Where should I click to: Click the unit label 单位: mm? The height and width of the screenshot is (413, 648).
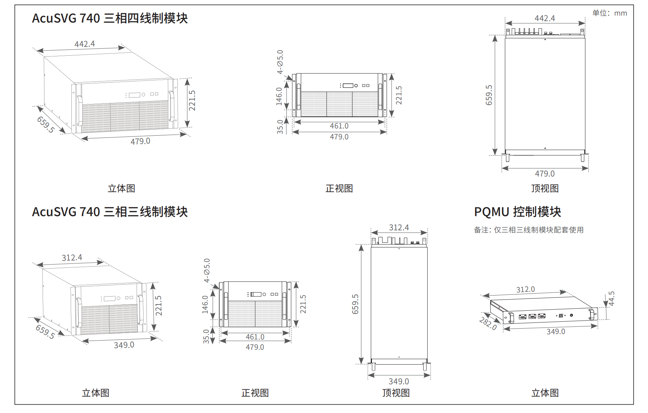(x=609, y=13)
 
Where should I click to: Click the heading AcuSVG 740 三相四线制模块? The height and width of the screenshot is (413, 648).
(x=110, y=18)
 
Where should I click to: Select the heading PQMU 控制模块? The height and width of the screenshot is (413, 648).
(x=517, y=212)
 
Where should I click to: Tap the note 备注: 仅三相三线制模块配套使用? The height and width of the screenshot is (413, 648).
(x=529, y=230)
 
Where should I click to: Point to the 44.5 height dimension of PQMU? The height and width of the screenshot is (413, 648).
(x=611, y=299)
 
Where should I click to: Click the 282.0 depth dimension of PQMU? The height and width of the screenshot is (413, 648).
(x=488, y=323)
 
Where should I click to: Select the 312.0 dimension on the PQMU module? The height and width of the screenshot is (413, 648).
(x=525, y=289)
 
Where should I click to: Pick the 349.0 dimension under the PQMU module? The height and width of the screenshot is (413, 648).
(x=556, y=331)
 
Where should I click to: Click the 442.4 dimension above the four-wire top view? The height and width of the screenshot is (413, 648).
(x=545, y=18)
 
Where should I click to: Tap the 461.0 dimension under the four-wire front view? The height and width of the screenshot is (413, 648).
(x=339, y=126)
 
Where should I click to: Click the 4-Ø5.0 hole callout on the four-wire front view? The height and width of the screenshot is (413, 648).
(x=280, y=62)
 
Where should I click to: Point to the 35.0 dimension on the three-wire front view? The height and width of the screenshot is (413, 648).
(x=206, y=336)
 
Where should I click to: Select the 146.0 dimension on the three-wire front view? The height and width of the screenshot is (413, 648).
(x=205, y=305)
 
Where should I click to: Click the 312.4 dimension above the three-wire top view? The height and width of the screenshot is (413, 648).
(x=399, y=227)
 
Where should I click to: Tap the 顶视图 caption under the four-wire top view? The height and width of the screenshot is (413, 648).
(x=545, y=188)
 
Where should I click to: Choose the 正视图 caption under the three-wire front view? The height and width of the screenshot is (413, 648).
(x=255, y=393)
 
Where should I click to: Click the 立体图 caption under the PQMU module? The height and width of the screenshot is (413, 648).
(x=545, y=393)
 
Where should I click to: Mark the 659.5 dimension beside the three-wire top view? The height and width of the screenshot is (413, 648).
(x=356, y=304)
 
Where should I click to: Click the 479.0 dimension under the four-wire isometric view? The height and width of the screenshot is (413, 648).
(x=140, y=141)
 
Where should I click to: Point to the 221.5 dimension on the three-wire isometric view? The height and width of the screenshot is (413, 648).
(x=158, y=306)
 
